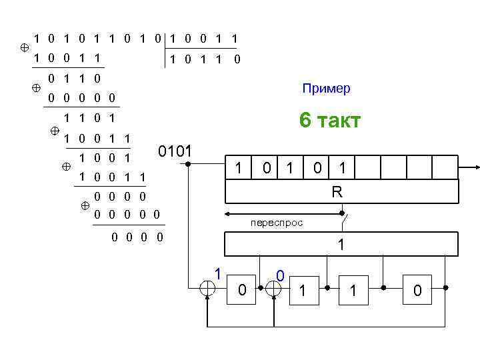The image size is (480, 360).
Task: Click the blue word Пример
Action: [326, 89]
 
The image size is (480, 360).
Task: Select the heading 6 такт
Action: [330, 121]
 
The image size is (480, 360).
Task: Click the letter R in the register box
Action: [337, 193]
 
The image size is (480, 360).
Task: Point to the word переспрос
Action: [276, 223]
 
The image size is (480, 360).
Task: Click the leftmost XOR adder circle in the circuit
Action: [208, 288]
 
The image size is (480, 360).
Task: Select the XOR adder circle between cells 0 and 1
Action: [273, 288]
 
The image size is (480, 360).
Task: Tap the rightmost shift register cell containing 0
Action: [417, 290]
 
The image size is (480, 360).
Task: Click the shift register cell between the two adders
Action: [241, 290]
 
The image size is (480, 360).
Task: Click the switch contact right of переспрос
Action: [343, 215]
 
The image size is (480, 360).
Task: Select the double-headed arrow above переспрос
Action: [283, 214]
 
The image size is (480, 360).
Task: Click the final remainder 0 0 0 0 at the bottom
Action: [138, 237]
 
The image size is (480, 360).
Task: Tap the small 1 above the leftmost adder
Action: [217, 272]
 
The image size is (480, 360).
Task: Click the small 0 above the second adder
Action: [281, 275]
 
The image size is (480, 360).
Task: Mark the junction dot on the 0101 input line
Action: [188, 163]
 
